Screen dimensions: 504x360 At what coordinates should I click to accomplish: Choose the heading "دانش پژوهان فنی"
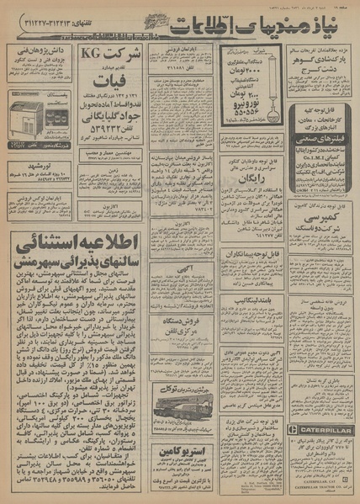[x=39, y=55]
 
